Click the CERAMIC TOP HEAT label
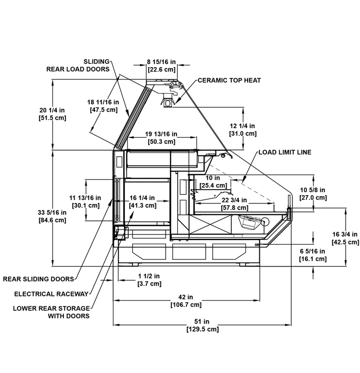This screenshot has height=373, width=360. pos(229,80)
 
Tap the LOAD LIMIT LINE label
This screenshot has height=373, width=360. pos(285,152)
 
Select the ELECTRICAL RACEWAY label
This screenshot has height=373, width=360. pos(51,294)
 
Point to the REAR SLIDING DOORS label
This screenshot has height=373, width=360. pos(39,279)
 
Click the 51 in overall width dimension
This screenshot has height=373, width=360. pos(202,326)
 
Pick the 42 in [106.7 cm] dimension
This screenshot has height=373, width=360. pos(186,301)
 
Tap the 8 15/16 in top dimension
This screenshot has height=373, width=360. pos(162,66)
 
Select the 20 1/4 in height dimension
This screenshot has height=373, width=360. pos(52,114)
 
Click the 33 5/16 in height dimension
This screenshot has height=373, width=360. pos(52,216)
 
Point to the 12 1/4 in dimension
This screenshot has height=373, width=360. pos(243,129)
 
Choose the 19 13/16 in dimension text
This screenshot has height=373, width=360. pos(161,138)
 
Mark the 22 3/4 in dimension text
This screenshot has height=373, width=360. pos(234,204)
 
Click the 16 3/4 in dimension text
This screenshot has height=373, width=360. pos(345,238)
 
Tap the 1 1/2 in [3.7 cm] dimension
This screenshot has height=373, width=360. pos(149,280)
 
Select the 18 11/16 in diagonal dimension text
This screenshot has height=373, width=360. pos(103,106)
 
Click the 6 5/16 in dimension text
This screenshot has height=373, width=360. pos(313,255)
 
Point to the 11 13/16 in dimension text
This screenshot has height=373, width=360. pos(86,201)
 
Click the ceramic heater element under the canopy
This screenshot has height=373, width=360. pos(168,102)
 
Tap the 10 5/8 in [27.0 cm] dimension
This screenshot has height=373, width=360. pos(313,194)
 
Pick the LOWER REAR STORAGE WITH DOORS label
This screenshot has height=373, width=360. pos(52,312)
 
